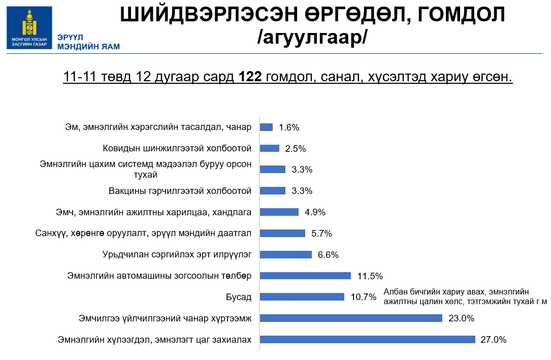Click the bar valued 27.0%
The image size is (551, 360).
[x=367, y=339]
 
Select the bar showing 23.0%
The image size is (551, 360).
[x=351, y=318]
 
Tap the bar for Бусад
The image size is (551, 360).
[x=302, y=297]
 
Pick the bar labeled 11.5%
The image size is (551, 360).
[x=305, y=276]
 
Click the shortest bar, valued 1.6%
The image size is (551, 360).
[x=266, y=127]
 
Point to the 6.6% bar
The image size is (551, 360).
[x=285, y=254]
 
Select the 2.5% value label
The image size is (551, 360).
[x=295, y=148]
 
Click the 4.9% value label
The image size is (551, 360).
[x=315, y=212]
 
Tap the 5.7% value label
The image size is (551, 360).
[x=321, y=233]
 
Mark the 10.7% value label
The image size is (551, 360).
[x=363, y=297]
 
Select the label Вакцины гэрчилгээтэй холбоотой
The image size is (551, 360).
[x=180, y=191]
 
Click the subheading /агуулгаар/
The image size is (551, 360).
[x=312, y=39]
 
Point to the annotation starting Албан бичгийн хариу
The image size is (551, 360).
[x=465, y=297]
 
